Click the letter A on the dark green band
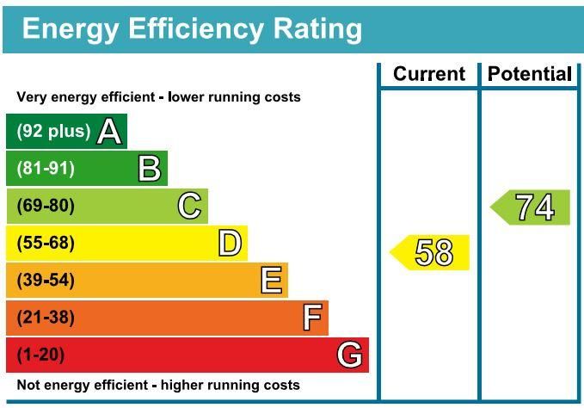[109, 132]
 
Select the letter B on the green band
[150, 169]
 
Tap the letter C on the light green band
[189, 206]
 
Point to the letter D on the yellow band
[230, 244]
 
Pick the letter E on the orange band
[271, 281]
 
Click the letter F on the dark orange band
[313, 318]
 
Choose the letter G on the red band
[349, 355]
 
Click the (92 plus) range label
[53, 132]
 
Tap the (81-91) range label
[46, 169]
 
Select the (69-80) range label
[46, 206]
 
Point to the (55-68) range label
[46, 244]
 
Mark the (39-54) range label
[46, 281]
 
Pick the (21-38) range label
[46, 318]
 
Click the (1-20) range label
[40, 355]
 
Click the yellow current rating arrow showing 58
[431, 252]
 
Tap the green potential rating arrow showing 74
[532, 207]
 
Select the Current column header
[428, 74]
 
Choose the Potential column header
[529, 74]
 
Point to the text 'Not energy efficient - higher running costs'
[158, 385]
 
